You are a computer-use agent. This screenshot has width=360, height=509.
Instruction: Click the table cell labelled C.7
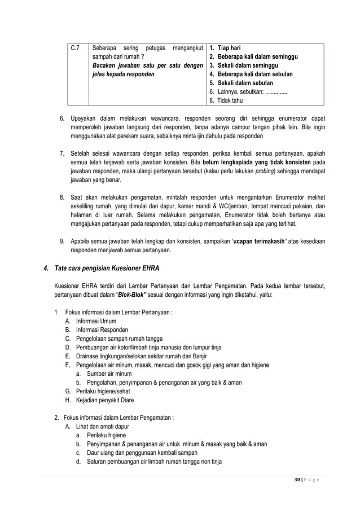74,48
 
